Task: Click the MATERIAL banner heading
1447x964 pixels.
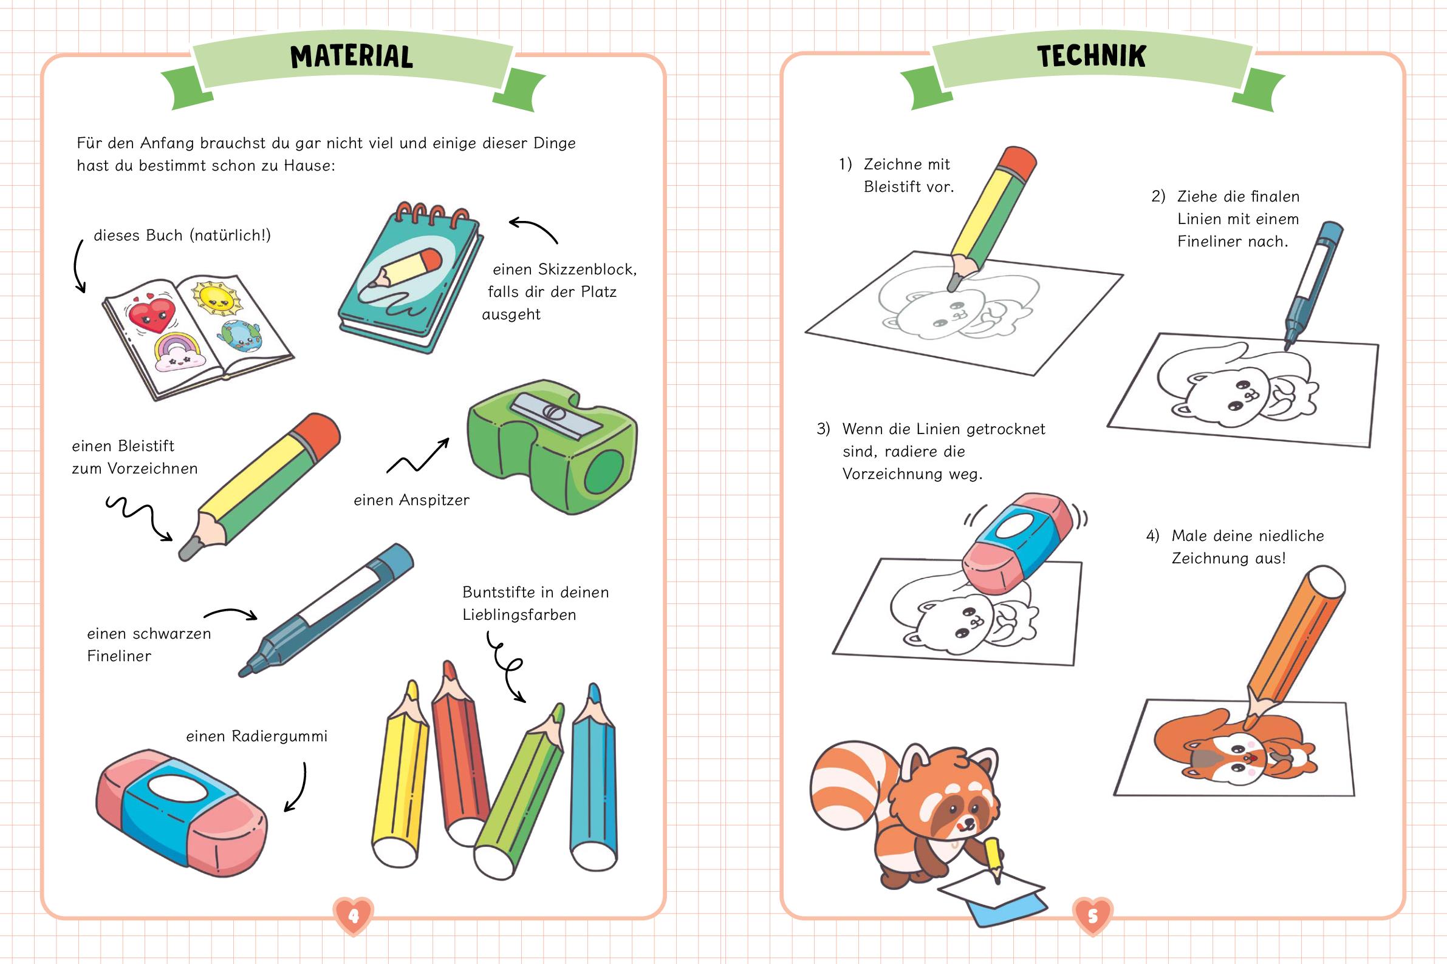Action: (351, 56)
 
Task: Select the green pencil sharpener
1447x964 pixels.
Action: (552, 446)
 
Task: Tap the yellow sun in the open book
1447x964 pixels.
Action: (214, 297)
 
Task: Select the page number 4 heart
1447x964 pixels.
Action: (353, 917)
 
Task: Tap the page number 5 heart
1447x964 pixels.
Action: (1093, 917)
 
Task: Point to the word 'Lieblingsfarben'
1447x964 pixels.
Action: (519, 615)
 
